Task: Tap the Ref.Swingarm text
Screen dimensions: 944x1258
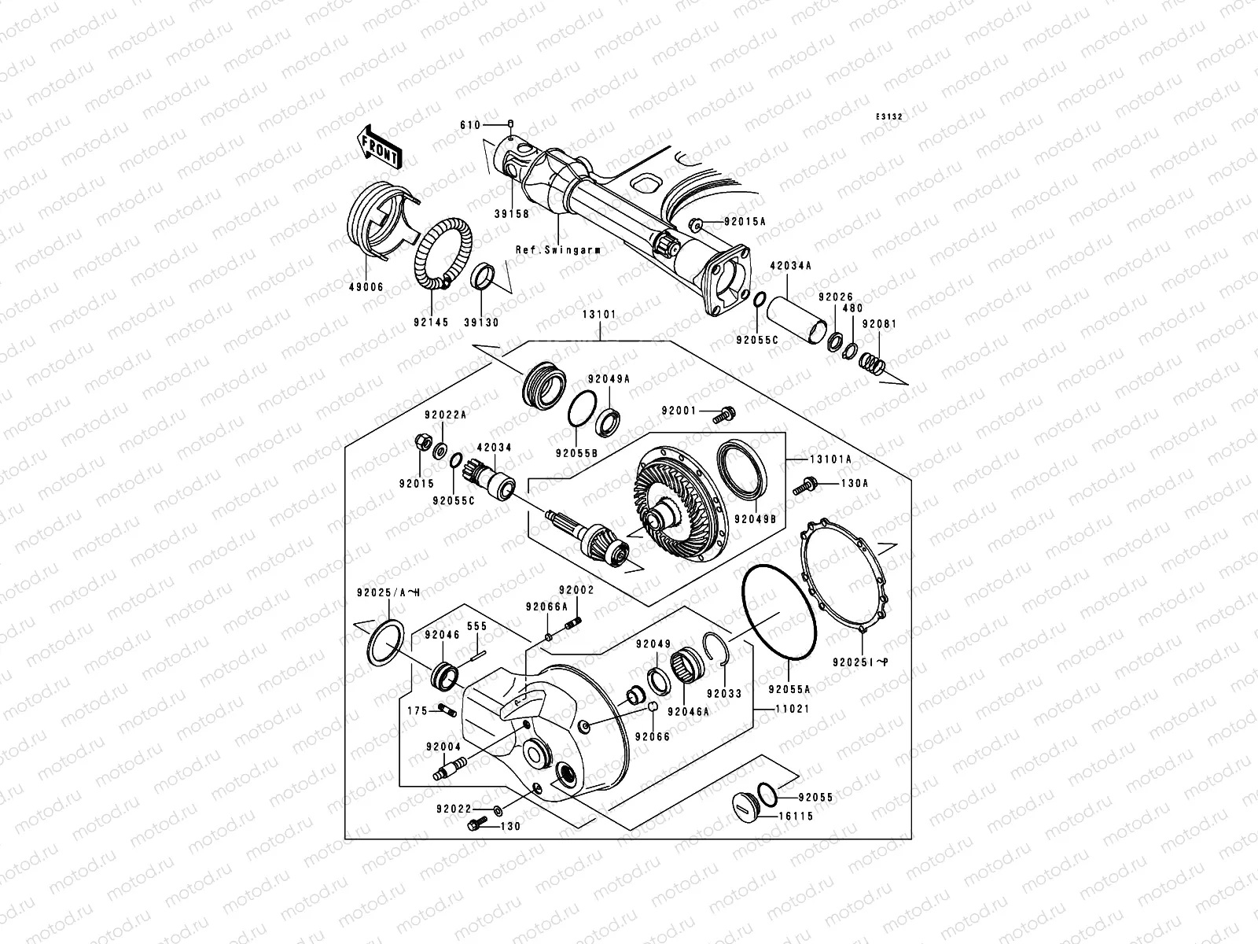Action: pyautogui.click(x=558, y=249)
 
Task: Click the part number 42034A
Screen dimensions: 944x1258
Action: pyautogui.click(x=790, y=266)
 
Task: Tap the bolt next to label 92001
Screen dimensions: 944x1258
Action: pyautogui.click(x=726, y=411)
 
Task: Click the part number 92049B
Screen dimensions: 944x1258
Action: pyautogui.click(x=755, y=518)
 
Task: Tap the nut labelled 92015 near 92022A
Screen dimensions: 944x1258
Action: pyautogui.click(x=420, y=444)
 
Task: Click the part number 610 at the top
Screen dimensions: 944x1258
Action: pyautogui.click(x=469, y=125)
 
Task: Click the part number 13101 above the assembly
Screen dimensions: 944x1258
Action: pyautogui.click(x=599, y=314)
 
